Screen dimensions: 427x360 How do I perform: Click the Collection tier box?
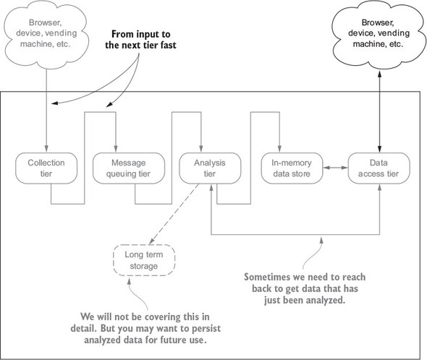coord(46,168)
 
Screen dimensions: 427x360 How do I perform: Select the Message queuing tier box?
coord(129,168)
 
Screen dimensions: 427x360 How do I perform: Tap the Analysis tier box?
coord(210,168)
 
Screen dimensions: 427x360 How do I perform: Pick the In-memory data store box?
coord(292,168)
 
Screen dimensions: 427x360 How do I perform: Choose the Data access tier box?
coord(379,168)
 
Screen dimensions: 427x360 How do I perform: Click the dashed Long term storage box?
coord(144,260)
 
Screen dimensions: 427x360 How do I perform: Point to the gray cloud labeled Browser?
coord(45,33)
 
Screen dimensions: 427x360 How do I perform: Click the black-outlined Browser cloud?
coord(378,34)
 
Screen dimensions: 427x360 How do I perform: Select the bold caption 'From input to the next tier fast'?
coord(140,40)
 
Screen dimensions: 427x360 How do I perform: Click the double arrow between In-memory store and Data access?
coord(336,168)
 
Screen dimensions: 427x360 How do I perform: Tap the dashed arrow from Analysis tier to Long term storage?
coord(174,214)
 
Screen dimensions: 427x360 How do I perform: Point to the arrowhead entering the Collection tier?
coord(46,148)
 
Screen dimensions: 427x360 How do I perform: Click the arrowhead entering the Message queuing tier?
coord(116,148)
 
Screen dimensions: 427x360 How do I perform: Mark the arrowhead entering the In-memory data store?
coord(279,148)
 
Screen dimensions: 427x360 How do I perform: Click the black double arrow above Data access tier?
coord(379,111)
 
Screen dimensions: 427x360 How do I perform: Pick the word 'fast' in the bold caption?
coord(168,45)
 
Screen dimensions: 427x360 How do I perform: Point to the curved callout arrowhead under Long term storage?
coord(129,280)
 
